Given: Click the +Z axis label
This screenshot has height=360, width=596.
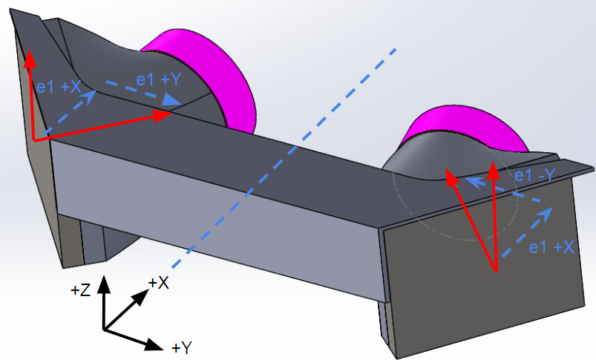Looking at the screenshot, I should (80, 291).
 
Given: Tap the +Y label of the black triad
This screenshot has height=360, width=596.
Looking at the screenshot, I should (182, 347).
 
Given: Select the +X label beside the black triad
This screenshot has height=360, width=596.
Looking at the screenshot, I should (159, 283).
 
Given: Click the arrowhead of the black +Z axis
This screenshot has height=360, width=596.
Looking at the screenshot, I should (105, 280).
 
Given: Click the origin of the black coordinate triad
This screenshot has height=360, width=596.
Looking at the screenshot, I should (104, 330).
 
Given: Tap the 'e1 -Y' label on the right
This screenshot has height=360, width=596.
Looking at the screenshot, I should (535, 176).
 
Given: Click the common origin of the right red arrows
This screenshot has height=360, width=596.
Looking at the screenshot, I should (495, 272).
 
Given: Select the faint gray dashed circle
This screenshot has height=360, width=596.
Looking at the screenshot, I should (416, 230).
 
